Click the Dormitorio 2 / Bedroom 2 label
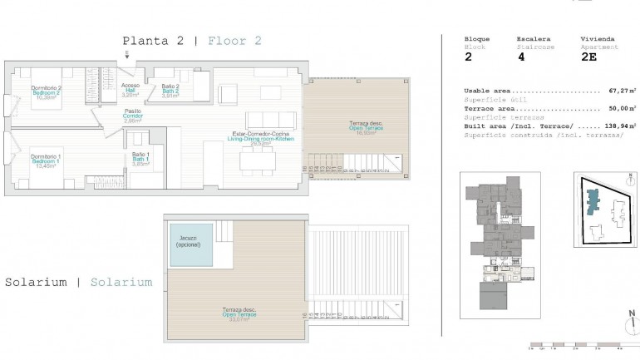(x=47, y=92)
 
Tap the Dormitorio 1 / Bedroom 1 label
(x=46, y=160)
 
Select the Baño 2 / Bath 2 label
(x=170, y=91)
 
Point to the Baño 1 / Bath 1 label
(x=140, y=159)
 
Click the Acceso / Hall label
(x=130, y=90)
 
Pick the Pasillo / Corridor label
(x=133, y=116)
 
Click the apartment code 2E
(x=590, y=58)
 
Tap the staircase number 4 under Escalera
(x=521, y=58)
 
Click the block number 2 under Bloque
(x=468, y=58)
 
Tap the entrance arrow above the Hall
(x=126, y=57)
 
